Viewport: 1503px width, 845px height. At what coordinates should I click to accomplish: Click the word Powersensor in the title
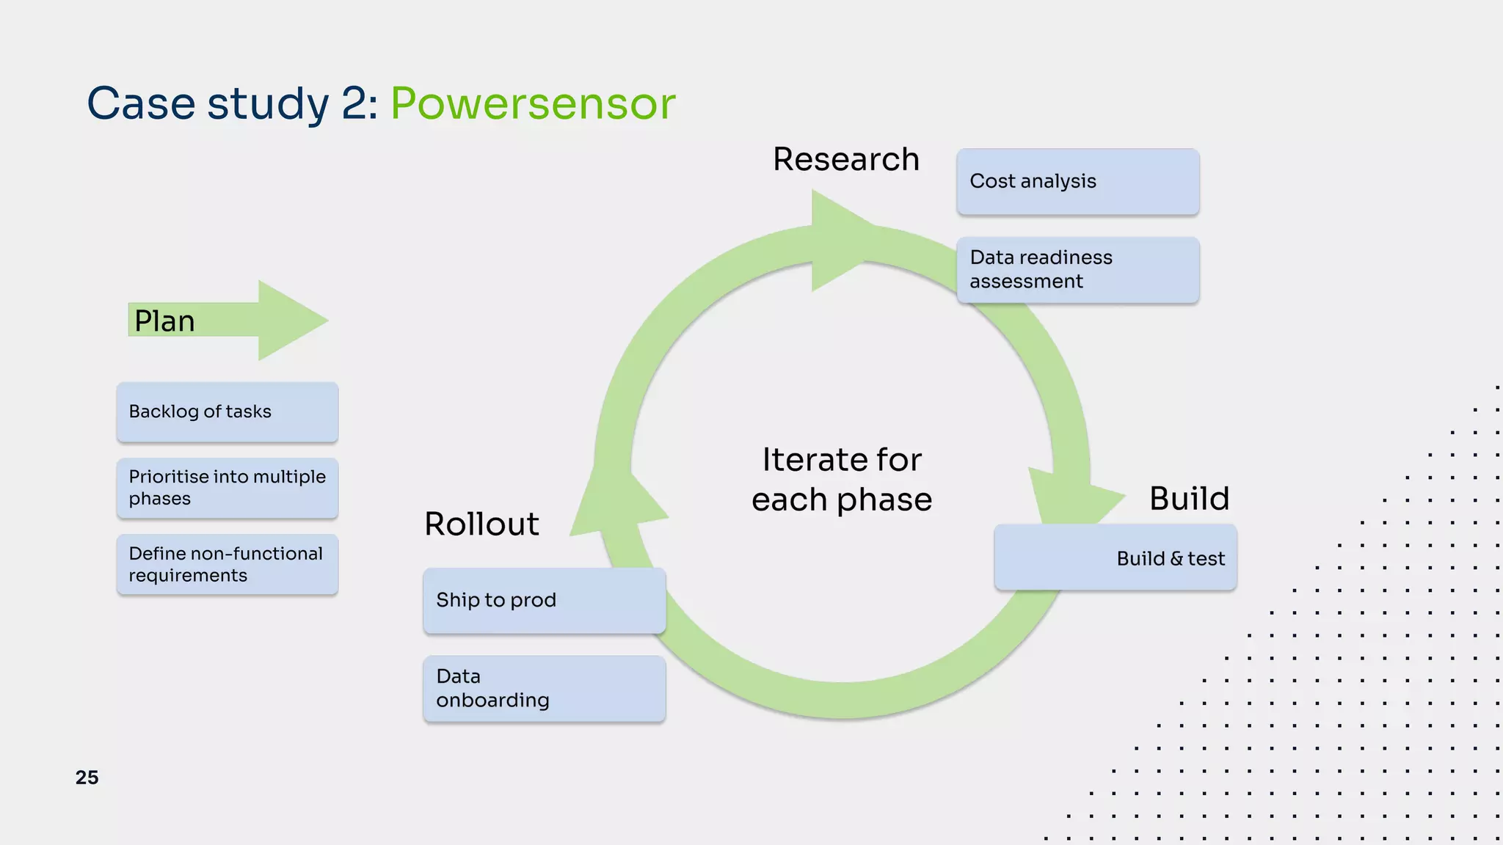click(x=532, y=103)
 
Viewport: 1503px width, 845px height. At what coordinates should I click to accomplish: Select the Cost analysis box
click(x=1077, y=181)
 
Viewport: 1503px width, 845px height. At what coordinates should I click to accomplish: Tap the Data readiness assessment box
click(x=1077, y=269)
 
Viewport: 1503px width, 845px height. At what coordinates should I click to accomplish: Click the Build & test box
click(x=1116, y=557)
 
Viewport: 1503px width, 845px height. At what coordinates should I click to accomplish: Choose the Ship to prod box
click(x=544, y=600)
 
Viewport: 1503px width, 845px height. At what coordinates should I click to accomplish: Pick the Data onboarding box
click(x=544, y=688)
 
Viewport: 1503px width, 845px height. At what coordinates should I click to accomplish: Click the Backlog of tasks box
click(x=227, y=411)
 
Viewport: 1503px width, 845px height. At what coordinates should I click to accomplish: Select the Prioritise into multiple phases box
click(x=227, y=488)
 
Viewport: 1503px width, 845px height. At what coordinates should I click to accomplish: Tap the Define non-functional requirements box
click(x=227, y=564)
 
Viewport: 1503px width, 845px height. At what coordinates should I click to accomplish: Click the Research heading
click(x=845, y=159)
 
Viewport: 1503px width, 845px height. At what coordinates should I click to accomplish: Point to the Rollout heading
click(x=481, y=524)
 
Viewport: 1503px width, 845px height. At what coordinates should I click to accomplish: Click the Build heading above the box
click(x=1189, y=499)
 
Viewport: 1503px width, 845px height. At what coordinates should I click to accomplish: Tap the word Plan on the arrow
click(x=164, y=321)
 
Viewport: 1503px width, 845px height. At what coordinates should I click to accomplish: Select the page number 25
click(x=87, y=778)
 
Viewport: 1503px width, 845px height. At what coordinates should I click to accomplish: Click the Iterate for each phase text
click(x=842, y=480)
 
